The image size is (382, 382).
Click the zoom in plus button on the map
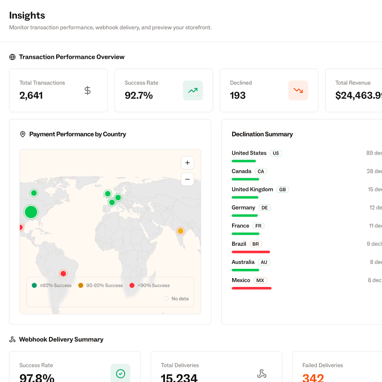(x=187, y=163)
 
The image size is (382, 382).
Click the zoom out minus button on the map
(x=187, y=179)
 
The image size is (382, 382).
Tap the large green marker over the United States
(x=31, y=212)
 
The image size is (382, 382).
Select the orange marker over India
(x=180, y=231)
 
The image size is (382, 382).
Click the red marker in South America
(x=63, y=274)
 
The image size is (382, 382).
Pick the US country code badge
(x=276, y=153)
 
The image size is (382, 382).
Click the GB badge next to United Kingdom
(x=283, y=190)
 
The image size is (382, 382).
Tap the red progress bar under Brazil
(x=251, y=252)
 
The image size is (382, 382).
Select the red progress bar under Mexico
(x=252, y=288)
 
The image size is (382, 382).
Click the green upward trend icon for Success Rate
(x=193, y=90)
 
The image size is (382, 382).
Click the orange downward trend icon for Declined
(x=298, y=90)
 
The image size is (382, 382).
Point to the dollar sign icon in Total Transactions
(x=88, y=90)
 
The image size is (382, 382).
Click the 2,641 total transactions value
(x=31, y=95)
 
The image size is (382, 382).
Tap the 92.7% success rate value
(x=139, y=95)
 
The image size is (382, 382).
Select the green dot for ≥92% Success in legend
(x=34, y=286)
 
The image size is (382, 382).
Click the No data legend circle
(x=166, y=299)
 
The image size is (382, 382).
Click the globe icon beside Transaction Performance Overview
(x=12, y=57)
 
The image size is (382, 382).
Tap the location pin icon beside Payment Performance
(x=23, y=134)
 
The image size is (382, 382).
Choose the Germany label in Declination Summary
(x=243, y=207)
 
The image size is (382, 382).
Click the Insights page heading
(x=27, y=15)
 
